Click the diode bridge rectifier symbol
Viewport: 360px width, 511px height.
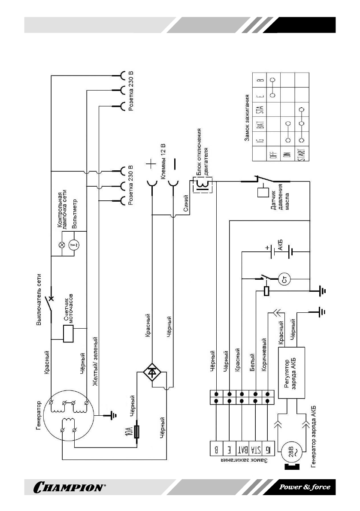click(x=152, y=372)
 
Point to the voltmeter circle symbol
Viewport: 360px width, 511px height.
click(x=73, y=245)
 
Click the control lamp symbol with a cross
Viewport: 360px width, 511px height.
click(x=61, y=245)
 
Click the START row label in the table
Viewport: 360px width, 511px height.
click(x=302, y=153)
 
